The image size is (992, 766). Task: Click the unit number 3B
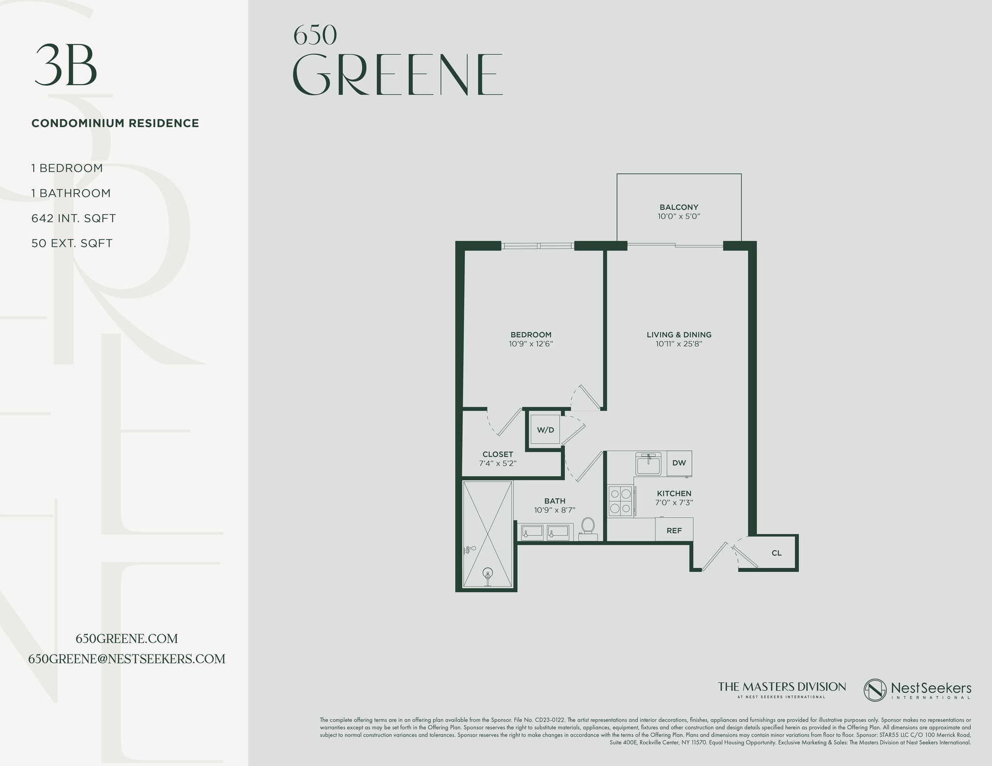click(66, 66)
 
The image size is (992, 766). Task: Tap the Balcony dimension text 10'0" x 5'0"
click(678, 216)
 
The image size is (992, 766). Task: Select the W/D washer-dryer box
click(545, 430)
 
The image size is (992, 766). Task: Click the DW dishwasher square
click(679, 463)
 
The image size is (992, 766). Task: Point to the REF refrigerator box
click(674, 530)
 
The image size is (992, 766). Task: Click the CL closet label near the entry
click(776, 553)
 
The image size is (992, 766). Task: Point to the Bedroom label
click(531, 335)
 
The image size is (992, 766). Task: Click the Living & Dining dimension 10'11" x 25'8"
click(679, 343)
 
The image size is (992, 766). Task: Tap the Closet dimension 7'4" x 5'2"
click(498, 463)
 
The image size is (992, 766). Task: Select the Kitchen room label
click(674, 493)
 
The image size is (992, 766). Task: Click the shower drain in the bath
click(487, 573)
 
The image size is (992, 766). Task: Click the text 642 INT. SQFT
click(73, 218)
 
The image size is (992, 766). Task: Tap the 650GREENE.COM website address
click(127, 639)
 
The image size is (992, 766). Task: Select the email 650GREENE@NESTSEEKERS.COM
click(127, 659)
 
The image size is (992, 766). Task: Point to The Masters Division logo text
click(782, 687)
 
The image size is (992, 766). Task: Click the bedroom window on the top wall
click(538, 246)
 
